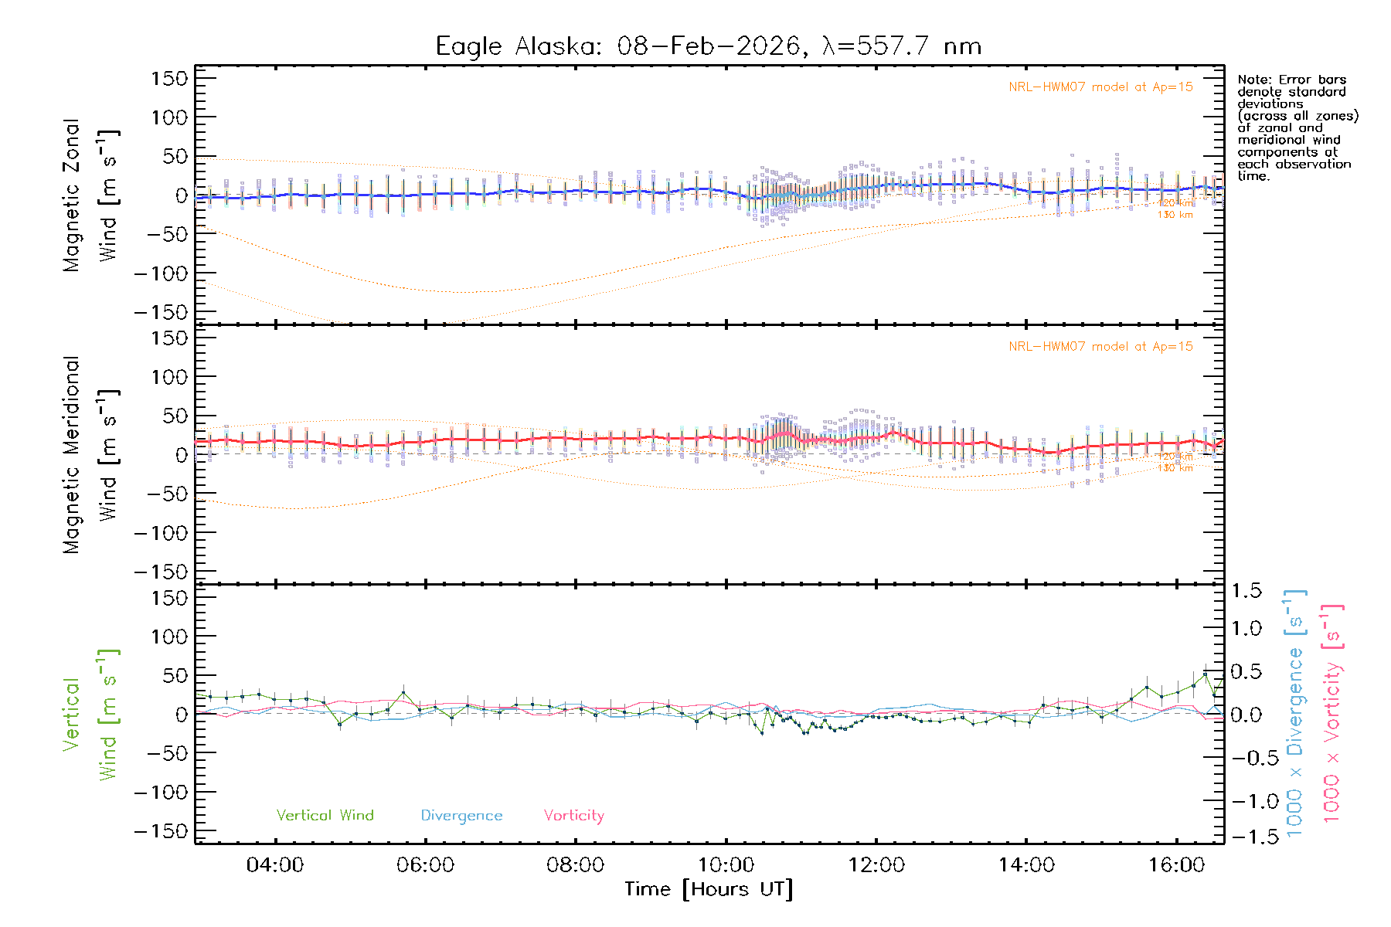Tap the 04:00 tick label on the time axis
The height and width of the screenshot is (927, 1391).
point(274,864)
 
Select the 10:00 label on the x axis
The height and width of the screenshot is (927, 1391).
point(726,864)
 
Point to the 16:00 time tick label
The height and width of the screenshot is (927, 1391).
point(1176,864)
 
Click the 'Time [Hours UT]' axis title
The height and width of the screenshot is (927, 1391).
point(709,889)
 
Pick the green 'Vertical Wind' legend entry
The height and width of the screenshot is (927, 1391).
point(325,816)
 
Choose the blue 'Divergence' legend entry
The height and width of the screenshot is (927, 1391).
point(461,816)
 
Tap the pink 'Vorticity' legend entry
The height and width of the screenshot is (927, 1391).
point(573,816)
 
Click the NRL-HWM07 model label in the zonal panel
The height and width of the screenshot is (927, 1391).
point(1100,87)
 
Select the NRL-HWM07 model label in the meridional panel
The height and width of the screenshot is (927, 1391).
point(1100,347)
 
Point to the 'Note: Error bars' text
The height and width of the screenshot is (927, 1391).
point(1291,80)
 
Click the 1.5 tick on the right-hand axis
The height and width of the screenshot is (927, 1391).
point(1246,591)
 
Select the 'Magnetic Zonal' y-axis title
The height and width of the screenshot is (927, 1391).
point(71,195)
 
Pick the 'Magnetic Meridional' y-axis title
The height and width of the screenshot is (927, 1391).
point(71,455)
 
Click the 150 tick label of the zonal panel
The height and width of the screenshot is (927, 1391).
point(169,79)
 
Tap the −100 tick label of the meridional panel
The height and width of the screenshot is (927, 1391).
point(162,533)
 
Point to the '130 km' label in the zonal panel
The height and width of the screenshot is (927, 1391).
point(1175,215)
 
